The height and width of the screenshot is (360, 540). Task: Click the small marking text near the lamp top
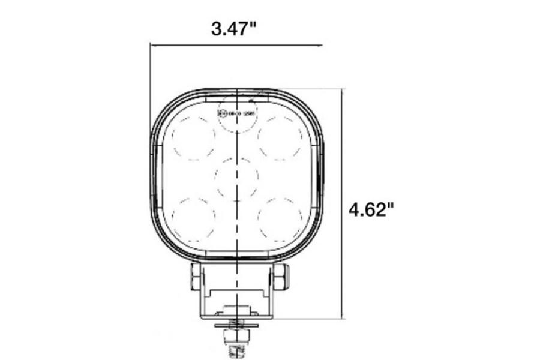[238, 112]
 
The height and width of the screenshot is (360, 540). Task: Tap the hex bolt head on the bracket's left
[194, 275]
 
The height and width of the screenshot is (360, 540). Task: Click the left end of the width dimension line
[152, 44]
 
